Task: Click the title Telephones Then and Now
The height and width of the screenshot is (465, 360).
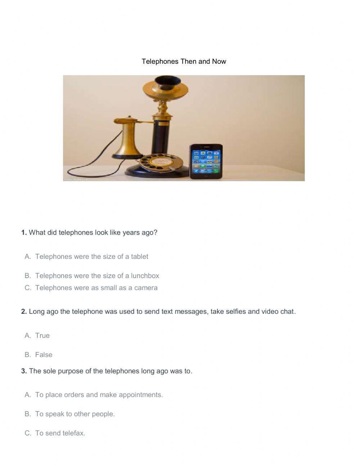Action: tap(184, 61)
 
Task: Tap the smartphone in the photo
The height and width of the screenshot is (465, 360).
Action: tap(206, 161)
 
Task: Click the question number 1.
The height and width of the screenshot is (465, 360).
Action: tap(24, 232)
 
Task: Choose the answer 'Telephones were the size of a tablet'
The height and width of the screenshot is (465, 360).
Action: tap(91, 256)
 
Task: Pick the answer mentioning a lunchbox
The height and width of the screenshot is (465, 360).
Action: tap(97, 276)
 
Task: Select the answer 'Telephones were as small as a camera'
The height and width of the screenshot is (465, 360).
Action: tap(96, 287)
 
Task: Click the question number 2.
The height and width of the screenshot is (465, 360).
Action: tap(24, 311)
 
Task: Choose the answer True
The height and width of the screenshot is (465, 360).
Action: tap(42, 335)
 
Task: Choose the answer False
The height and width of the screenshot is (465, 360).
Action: tap(44, 354)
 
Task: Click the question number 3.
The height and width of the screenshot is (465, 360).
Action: tap(24, 371)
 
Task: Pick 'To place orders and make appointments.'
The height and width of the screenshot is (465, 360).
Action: tap(99, 394)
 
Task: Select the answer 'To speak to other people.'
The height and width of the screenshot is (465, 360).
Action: tap(75, 414)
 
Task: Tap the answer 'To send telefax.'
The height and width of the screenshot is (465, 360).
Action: tap(60, 433)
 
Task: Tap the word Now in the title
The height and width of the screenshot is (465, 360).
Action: tap(219, 61)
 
